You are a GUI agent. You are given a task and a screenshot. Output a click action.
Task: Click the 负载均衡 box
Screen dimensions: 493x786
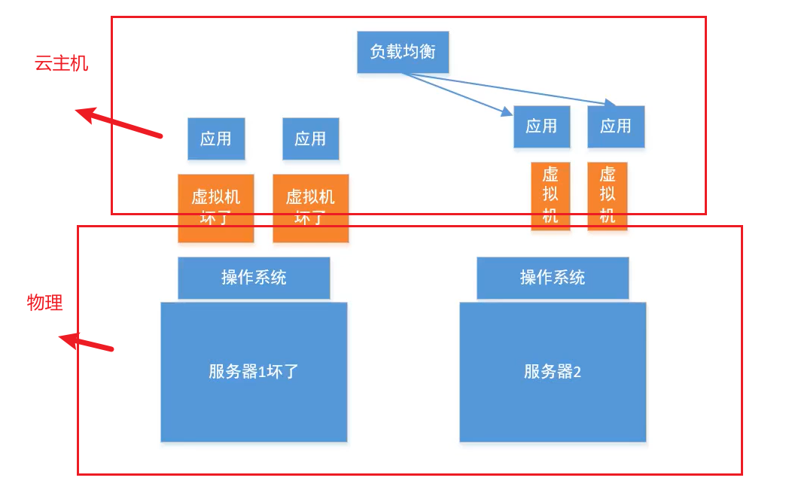click(403, 52)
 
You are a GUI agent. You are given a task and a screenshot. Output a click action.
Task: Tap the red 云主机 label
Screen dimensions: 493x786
click(62, 63)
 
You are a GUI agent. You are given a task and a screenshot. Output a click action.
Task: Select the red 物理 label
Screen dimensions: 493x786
click(45, 303)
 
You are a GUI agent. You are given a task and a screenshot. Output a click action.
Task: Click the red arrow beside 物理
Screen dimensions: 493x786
click(87, 343)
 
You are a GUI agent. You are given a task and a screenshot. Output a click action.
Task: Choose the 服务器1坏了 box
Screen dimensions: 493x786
click(254, 372)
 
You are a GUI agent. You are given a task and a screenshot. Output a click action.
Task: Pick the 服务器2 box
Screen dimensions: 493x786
click(553, 372)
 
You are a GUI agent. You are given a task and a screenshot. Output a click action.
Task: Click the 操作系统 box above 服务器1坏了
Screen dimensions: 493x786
click(254, 278)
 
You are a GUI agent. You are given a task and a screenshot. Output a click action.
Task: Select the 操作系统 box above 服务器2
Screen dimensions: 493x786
click(553, 278)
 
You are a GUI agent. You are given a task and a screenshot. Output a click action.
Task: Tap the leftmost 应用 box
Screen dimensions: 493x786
click(216, 138)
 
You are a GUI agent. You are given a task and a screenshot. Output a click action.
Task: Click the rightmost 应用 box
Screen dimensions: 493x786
click(616, 126)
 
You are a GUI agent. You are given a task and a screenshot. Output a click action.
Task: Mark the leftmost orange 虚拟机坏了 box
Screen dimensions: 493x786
click(216, 208)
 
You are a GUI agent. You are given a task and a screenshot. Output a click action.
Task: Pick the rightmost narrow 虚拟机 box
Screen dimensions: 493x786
click(608, 195)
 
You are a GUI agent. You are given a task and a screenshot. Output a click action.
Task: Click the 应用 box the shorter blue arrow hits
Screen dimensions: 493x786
click(541, 126)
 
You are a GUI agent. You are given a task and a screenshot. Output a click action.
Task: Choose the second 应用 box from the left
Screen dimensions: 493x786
click(310, 138)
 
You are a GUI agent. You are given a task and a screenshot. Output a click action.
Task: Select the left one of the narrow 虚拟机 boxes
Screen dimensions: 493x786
click(550, 195)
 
